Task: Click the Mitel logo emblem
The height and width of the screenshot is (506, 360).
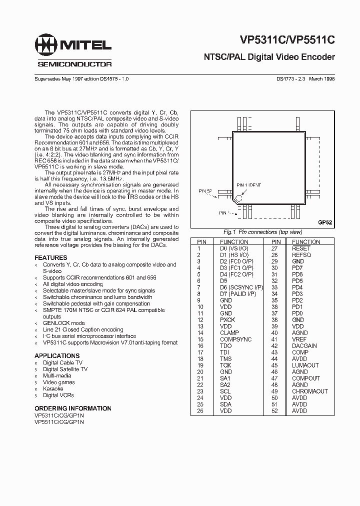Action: coord(46,46)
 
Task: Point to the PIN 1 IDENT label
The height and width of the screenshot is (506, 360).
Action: coord(248,184)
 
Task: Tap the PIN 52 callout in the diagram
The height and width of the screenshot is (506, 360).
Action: coord(205,191)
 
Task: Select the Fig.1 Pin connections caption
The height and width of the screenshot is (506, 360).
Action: coord(262,232)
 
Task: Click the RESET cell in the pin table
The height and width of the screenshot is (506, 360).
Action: coord(301,248)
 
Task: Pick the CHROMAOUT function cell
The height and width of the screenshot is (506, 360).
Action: coord(309,391)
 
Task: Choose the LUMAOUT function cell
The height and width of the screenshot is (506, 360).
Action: coord(305,365)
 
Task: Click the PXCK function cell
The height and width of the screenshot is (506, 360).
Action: coord(227,320)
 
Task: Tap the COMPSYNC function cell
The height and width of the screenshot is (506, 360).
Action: coord(236,339)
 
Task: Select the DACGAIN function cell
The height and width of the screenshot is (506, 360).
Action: coord(304,346)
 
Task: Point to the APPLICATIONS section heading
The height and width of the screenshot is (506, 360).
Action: coord(56,355)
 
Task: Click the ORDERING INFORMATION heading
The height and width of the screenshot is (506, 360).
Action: coord(73,408)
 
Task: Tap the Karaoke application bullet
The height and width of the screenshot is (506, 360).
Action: coord(53,388)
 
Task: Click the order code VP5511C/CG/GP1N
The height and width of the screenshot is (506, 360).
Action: coord(59,422)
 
